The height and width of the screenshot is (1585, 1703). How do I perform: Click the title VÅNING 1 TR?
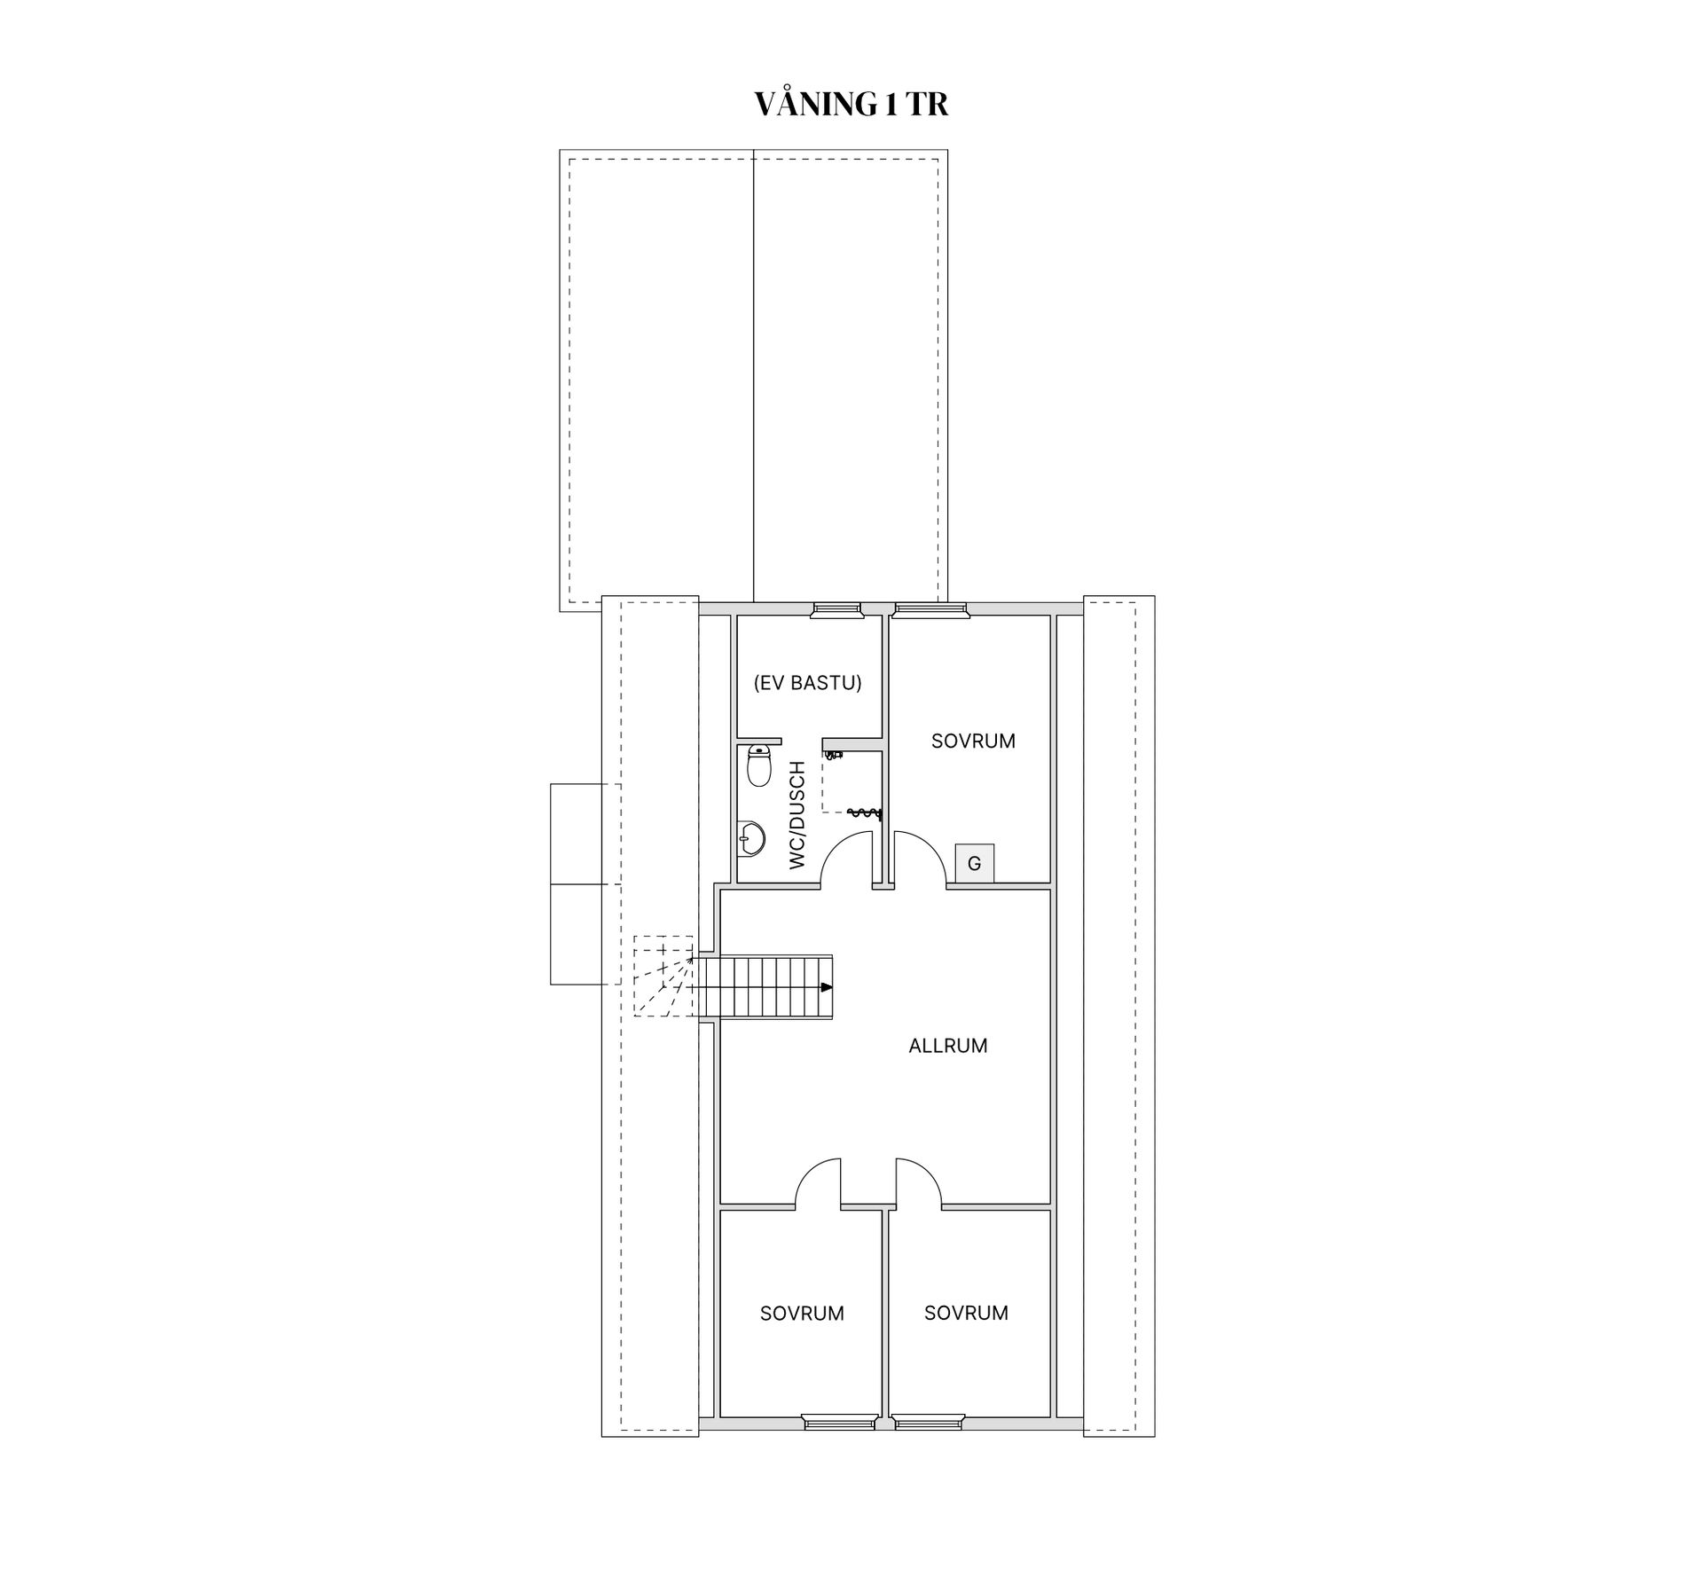click(851, 104)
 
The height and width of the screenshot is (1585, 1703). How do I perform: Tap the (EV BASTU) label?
click(807, 683)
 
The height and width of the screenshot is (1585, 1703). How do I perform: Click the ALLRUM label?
click(948, 1046)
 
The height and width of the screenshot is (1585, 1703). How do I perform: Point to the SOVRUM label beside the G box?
click(973, 741)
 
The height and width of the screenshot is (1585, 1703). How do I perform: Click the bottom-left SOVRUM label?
click(802, 1313)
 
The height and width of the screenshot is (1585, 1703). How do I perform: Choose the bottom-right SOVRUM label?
click(966, 1313)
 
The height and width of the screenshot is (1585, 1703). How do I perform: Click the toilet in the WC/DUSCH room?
click(758, 765)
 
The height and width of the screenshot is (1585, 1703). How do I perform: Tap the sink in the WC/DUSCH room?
click(751, 838)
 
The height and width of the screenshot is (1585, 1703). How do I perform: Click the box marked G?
click(974, 863)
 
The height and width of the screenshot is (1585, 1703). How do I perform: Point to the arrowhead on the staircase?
click(827, 987)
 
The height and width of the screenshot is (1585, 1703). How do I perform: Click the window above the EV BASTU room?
click(837, 608)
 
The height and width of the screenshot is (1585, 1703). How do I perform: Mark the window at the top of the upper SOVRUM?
click(930, 608)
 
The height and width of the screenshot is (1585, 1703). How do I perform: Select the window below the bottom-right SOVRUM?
click(929, 1448)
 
